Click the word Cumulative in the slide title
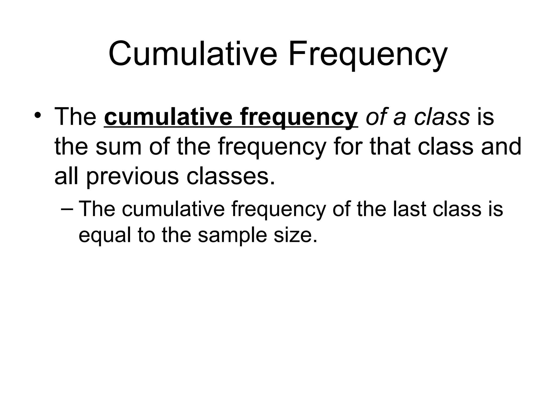(193, 54)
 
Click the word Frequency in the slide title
(368, 56)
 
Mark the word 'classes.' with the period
(230, 176)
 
